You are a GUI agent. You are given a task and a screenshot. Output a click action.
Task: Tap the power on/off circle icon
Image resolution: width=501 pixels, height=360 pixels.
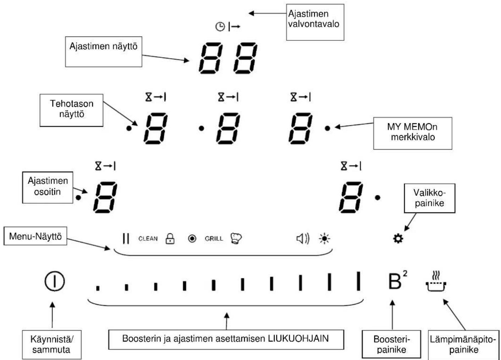[x=55, y=281]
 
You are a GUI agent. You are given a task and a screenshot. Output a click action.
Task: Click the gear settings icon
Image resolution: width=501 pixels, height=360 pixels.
[x=398, y=239]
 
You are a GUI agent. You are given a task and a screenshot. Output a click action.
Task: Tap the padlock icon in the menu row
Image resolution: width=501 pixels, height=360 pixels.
[x=170, y=239]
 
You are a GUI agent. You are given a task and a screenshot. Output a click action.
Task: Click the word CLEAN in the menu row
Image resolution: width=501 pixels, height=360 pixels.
[x=148, y=239]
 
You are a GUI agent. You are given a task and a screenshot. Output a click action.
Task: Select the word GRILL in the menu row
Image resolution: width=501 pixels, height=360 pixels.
[x=214, y=239]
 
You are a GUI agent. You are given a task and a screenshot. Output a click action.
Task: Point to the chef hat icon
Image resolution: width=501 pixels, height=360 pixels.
[x=236, y=239]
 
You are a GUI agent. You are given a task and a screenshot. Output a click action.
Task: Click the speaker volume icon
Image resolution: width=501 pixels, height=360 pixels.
[x=303, y=239]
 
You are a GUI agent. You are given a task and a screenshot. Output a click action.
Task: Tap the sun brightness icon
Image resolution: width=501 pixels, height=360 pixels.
[x=325, y=239]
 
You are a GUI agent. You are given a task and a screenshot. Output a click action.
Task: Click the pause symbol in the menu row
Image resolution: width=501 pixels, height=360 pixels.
[x=126, y=239]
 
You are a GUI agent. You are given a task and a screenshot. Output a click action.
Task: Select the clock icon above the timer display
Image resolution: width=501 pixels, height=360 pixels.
[x=220, y=27]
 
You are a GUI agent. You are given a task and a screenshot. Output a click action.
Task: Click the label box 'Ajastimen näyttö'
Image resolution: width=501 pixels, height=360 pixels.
[x=104, y=52]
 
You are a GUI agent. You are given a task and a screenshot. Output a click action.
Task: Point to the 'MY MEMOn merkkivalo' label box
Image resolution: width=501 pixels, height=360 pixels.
[x=413, y=133]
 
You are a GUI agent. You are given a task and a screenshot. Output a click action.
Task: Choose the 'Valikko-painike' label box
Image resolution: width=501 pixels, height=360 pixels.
[x=429, y=198]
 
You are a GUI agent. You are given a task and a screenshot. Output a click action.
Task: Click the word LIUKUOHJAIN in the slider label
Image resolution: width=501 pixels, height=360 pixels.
[x=298, y=339]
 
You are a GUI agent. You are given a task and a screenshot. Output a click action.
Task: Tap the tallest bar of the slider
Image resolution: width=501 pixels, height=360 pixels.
[x=358, y=281]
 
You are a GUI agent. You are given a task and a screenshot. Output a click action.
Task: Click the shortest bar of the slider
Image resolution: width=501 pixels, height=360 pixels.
[x=98, y=288]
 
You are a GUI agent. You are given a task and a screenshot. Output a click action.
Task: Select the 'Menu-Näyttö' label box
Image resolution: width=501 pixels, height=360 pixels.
[x=35, y=236]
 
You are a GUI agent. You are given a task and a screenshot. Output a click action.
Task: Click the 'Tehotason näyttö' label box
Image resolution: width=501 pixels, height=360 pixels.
[x=72, y=110]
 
